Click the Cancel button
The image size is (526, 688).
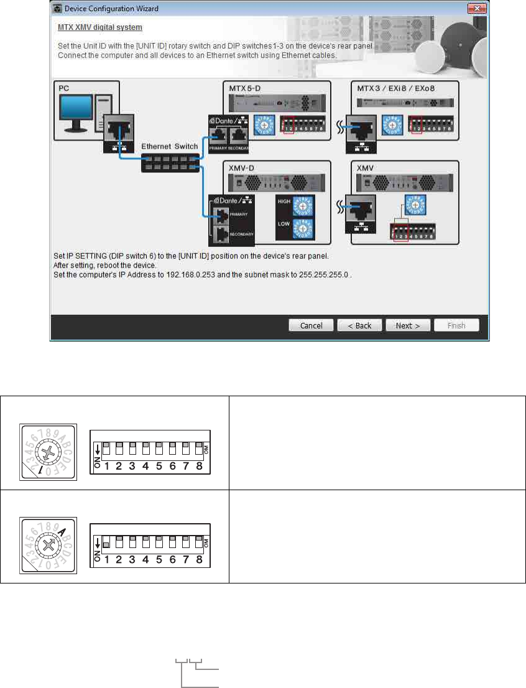(x=311, y=325)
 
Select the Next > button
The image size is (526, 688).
(x=408, y=325)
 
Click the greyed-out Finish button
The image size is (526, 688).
(x=457, y=325)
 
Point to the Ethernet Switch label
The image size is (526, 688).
(x=170, y=146)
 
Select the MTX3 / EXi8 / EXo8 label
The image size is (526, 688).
(x=396, y=88)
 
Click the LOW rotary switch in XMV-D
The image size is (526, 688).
(x=303, y=230)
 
